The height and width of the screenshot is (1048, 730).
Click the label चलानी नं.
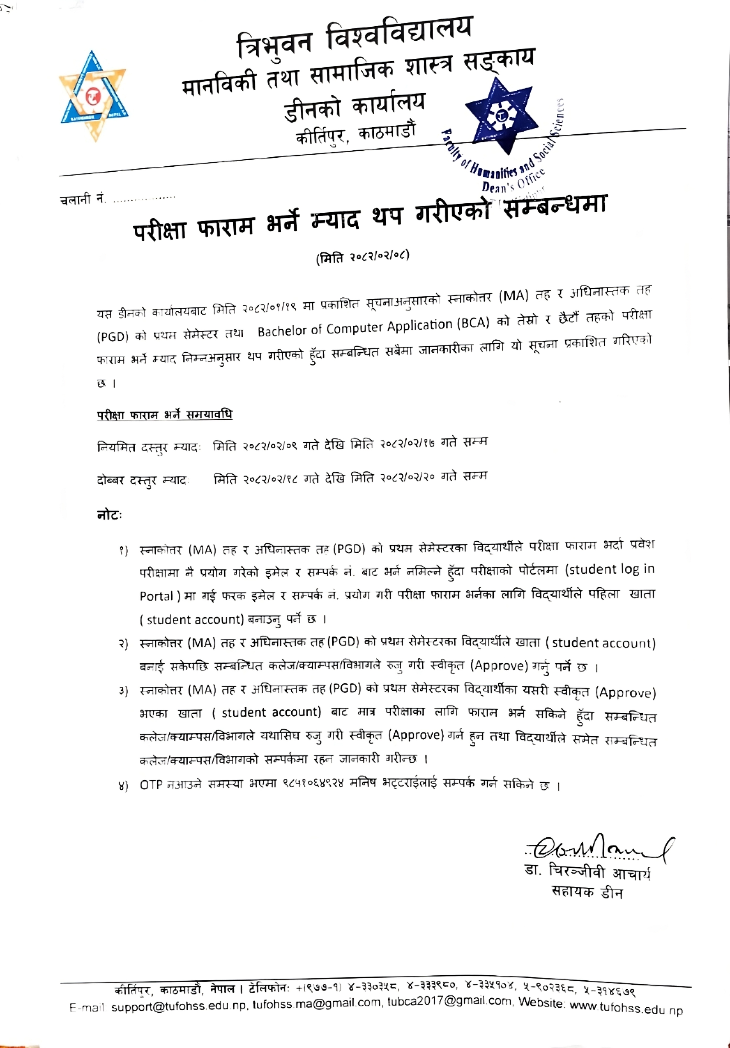point(82,199)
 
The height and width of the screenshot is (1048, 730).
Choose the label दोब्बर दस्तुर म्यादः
point(143,481)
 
